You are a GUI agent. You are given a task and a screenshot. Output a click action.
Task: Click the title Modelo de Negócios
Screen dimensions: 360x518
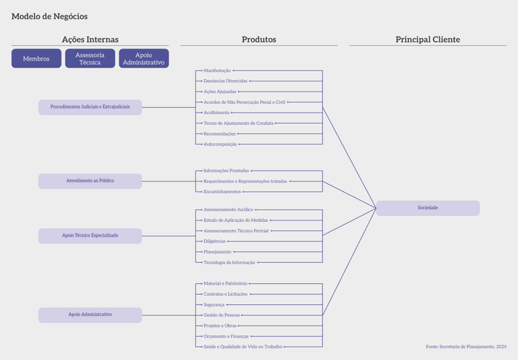(49, 16)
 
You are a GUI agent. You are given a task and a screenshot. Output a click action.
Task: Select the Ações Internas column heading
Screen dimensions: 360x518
(90, 40)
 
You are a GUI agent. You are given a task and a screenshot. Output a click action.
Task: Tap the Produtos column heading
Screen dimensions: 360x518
(259, 40)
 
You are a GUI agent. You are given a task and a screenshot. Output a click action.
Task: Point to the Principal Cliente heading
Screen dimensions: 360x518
(428, 40)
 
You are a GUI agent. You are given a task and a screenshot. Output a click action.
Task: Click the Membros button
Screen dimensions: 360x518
(36, 59)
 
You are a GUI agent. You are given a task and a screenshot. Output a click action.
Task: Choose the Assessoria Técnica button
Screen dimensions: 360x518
(90, 59)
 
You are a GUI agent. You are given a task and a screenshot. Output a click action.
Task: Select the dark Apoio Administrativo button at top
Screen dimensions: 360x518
(144, 59)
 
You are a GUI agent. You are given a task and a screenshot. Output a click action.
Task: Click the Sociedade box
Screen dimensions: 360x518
(428, 208)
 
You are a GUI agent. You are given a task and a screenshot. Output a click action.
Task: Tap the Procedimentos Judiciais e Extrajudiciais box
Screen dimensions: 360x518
(90, 107)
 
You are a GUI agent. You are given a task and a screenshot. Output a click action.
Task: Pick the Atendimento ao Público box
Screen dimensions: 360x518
(90, 181)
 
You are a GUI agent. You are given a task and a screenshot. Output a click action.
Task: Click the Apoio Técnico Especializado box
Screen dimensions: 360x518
(90, 236)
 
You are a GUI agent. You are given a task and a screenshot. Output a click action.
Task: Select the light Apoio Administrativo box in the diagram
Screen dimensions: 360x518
(90, 315)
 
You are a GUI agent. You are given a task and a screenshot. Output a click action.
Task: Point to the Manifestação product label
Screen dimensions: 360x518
(217, 71)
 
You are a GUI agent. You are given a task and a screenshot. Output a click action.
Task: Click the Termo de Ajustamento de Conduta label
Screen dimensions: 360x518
(238, 123)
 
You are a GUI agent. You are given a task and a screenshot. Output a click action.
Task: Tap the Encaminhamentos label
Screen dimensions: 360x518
(222, 192)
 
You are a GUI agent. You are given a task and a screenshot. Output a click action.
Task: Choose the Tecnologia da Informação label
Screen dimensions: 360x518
(229, 262)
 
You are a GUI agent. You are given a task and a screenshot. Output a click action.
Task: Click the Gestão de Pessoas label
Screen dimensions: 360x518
(221, 315)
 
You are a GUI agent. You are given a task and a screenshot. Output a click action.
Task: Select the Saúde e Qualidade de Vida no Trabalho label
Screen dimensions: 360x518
(243, 347)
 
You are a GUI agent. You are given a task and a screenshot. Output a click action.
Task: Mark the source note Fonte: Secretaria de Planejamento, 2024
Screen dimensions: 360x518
(466, 347)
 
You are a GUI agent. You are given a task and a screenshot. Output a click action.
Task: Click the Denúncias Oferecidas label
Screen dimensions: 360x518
(225, 81)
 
